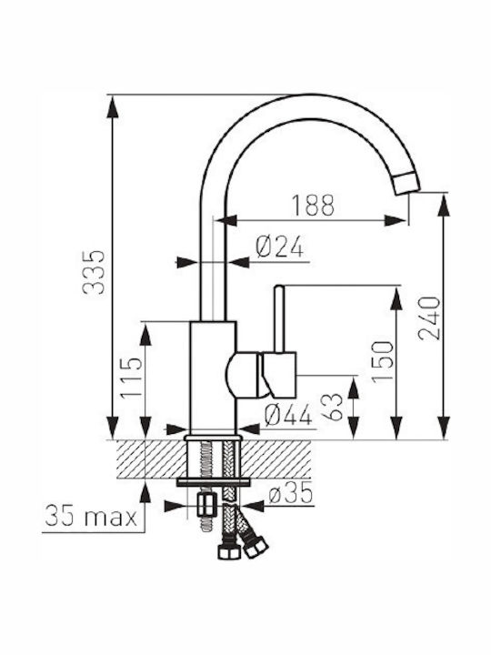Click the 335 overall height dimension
(x=94, y=272)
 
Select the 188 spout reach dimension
(x=313, y=205)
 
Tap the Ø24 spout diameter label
(x=280, y=247)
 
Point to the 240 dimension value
(x=429, y=318)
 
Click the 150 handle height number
(x=383, y=362)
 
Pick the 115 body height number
(x=132, y=378)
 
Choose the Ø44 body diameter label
(x=288, y=415)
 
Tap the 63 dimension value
(x=332, y=407)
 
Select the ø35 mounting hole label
(x=291, y=493)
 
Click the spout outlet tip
(x=406, y=183)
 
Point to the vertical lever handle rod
(x=279, y=318)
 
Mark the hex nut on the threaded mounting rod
(x=206, y=505)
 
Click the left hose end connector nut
(x=229, y=550)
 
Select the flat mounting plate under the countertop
(x=214, y=482)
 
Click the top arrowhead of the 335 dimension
(x=113, y=107)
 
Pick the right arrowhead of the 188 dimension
(x=395, y=220)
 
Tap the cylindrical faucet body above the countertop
(x=214, y=376)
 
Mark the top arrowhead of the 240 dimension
(x=445, y=205)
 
